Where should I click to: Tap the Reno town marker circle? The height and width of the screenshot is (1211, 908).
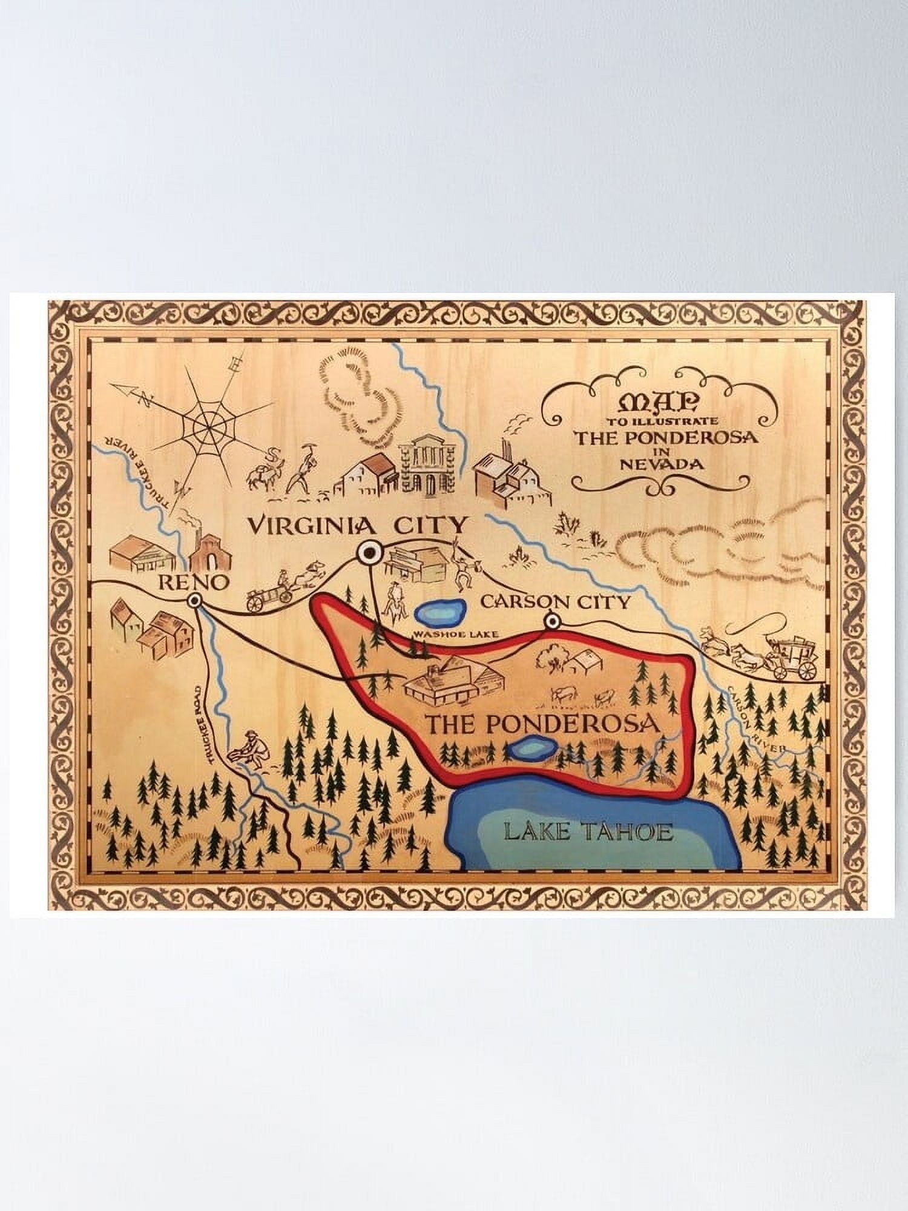coord(194,601)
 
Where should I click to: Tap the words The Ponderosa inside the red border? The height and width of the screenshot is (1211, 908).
coord(542,724)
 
